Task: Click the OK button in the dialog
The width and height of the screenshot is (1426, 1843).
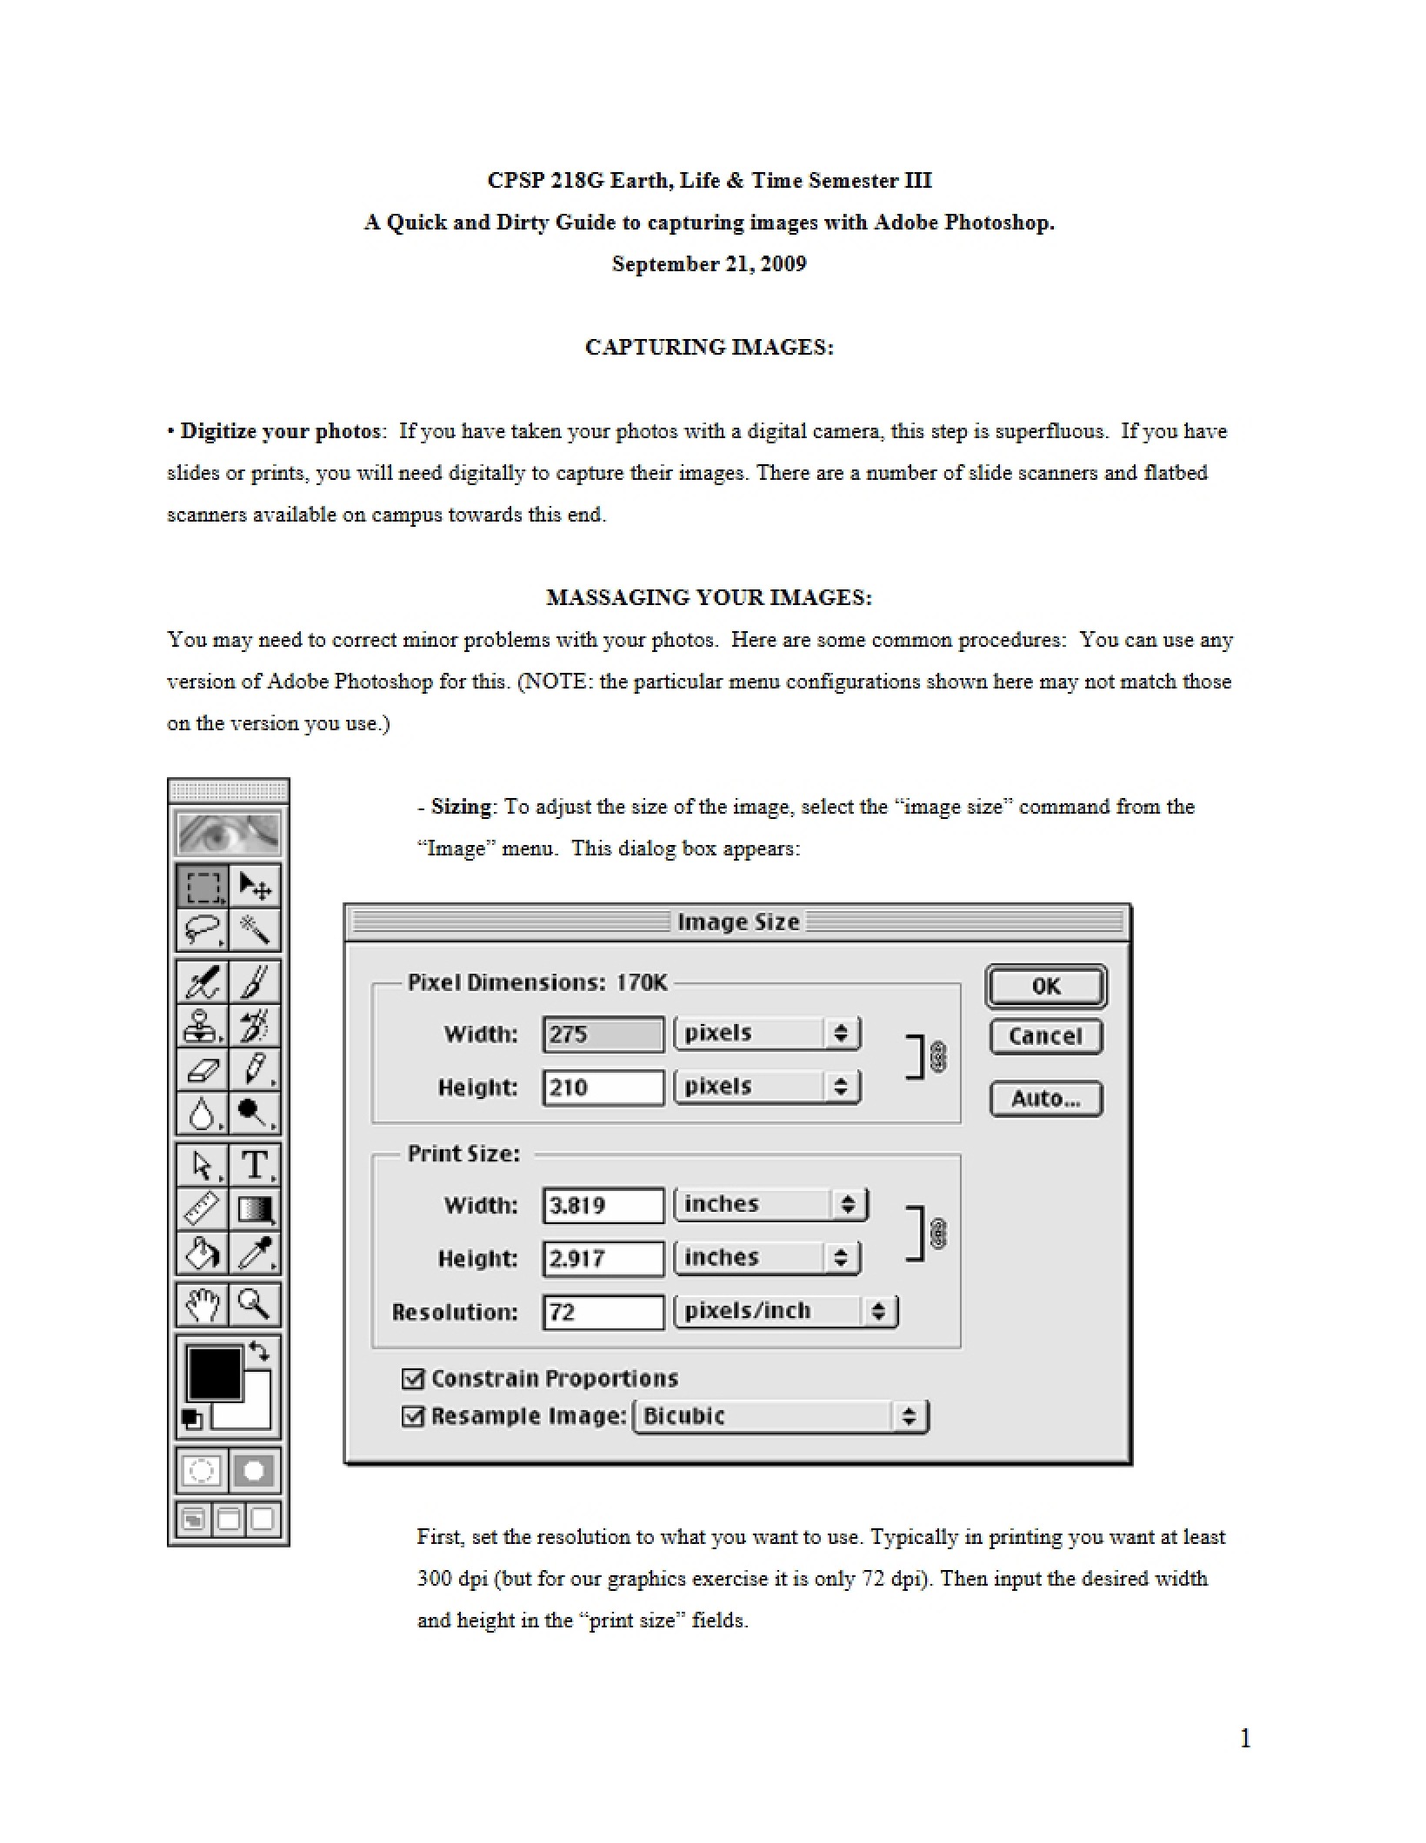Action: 1046,986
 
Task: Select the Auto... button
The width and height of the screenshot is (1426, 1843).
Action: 1046,1098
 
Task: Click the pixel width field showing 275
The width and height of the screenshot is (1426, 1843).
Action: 603,1035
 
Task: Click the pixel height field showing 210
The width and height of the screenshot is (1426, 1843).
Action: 603,1088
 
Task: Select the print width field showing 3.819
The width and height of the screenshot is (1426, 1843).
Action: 603,1206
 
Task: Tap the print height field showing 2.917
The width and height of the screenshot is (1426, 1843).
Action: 603,1259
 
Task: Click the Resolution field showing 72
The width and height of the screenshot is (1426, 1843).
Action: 603,1312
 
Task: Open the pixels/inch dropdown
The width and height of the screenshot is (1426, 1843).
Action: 786,1311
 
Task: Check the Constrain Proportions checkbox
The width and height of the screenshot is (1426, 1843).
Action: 413,1378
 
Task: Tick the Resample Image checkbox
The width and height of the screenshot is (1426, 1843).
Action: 413,1416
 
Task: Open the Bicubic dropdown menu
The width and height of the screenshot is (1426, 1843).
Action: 782,1416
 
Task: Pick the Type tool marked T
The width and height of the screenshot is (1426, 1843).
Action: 255,1165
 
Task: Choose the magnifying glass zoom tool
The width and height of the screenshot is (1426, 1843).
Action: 255,1304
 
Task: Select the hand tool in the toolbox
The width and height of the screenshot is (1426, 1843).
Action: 203,1304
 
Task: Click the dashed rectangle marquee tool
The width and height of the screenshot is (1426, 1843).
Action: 203,886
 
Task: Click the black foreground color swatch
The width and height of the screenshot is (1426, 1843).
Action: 214,1374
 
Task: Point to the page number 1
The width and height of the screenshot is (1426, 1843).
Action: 1245,1738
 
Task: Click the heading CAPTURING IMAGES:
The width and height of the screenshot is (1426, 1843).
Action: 710,347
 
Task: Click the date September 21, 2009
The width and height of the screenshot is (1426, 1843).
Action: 710,263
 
